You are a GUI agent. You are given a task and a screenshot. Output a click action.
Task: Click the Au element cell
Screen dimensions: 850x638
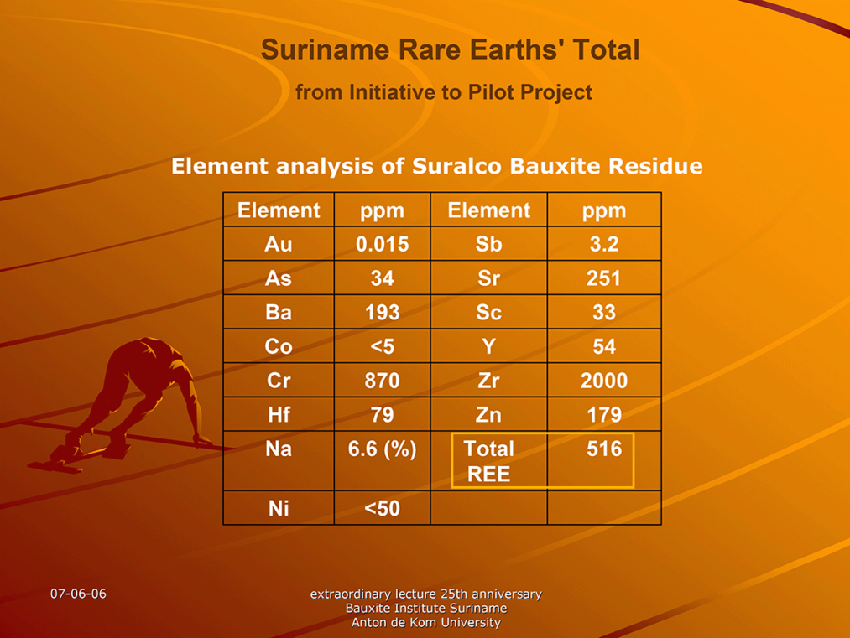279,244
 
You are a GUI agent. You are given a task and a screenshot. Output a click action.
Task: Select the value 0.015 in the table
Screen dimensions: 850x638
382,244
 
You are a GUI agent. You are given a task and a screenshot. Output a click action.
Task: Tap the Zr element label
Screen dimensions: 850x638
488,381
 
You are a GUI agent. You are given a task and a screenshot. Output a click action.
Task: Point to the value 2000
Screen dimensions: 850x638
604,381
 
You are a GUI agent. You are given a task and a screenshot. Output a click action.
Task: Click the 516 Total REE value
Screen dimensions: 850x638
604,449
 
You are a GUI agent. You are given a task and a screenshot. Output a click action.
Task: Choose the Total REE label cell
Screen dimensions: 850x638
488,461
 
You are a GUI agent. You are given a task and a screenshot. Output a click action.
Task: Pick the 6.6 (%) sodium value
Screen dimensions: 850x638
382,449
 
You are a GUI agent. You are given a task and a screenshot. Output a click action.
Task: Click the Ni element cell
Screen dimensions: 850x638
279,509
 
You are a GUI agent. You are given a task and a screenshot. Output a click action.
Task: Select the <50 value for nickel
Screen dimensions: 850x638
382,509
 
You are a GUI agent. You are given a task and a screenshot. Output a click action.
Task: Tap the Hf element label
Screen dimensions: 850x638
279,415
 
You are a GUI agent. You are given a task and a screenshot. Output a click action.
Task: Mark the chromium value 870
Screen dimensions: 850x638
382,381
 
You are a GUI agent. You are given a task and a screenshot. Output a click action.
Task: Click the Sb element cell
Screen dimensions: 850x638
488,244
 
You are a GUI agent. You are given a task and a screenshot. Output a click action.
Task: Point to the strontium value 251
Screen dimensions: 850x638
604,278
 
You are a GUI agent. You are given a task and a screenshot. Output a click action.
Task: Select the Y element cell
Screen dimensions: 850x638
488,346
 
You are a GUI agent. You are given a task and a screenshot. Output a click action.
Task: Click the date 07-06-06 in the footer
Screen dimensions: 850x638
78,594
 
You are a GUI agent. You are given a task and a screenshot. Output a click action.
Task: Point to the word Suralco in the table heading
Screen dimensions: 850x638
456,166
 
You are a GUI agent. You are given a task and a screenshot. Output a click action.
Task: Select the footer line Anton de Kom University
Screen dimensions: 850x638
425,623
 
